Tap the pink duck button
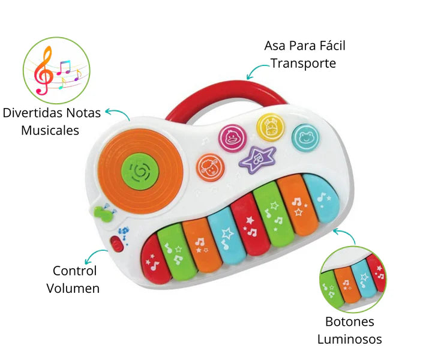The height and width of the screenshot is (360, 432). [x=230, y=137]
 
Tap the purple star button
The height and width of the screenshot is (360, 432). [x=257, y=159]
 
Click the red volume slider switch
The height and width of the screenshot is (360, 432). [x=116, y=244]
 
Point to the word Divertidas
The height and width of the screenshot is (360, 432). [x=34, y=112]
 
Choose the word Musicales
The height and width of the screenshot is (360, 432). [x=50, y=130]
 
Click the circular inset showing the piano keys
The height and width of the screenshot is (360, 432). [x=353, y=278]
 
